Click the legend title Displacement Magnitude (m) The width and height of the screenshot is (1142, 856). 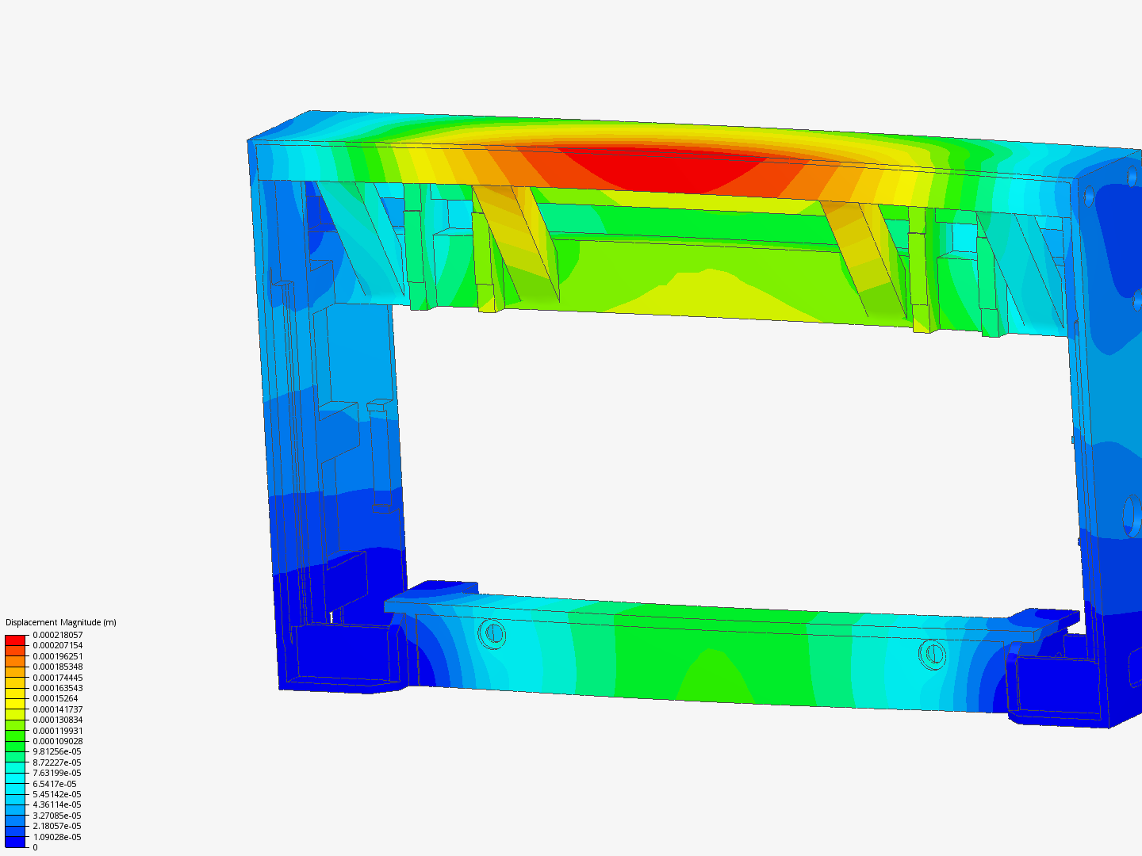pyautogui.click(x=61, y=622)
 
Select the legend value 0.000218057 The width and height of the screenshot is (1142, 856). pyautogui.click(x=58, y=635)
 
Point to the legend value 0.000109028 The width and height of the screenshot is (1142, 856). pyautogui.click(x=58, y=741)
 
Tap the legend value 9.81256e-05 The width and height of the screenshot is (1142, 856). pyautogui.click(x=57, y=751)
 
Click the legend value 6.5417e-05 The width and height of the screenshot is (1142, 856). pyautogui.click(x=55, y=784)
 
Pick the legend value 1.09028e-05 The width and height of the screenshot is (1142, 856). pyautogui.click(x=57, y=837)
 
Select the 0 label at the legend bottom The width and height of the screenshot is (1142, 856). pyautogui.click(x=35, y=847)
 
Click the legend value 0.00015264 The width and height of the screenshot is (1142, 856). pyautogui.click(x=56, y=698)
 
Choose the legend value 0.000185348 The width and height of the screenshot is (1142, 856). pyautogui.click(x=58, y=667)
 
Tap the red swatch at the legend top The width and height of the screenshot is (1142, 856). pyautogui.click(x=15, y=640)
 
